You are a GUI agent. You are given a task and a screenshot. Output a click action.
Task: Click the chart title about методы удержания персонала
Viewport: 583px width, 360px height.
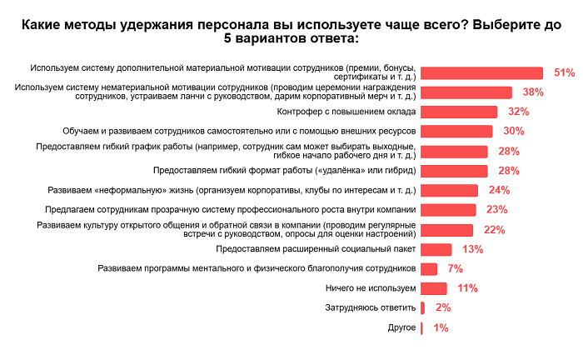coord(291,32)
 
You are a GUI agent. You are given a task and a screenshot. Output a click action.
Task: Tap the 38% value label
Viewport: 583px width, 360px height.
coord(533,92)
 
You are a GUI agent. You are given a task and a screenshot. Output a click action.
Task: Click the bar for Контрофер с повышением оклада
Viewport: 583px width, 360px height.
coord(459,112)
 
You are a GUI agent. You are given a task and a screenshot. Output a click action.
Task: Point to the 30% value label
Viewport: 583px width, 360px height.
coord(514,132)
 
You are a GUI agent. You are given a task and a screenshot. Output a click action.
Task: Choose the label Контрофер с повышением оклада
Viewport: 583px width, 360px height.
coord(345,112)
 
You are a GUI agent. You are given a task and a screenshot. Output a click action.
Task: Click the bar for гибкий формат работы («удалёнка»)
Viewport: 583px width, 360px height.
coord(454,171)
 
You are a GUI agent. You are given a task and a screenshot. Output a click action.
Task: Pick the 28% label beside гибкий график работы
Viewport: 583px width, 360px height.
coord(509,152)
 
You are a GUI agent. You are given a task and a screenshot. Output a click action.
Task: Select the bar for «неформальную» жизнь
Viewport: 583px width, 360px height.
coord(449,190)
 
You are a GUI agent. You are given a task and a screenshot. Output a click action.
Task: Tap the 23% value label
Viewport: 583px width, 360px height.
coord(497,210)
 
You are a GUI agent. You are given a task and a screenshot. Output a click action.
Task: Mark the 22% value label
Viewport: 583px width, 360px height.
coord(495,230)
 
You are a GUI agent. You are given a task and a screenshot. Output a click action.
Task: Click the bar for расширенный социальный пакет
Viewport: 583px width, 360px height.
coord(436,249)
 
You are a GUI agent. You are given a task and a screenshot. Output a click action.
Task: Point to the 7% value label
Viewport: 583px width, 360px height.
coord(455,269)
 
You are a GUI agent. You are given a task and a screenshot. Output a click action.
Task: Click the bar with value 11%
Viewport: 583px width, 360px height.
coord(434,288)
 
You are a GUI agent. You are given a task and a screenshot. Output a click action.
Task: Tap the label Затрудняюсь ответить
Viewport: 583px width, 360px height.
coord(370,308)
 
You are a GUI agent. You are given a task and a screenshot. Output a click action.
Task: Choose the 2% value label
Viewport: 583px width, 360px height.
coord(443,308)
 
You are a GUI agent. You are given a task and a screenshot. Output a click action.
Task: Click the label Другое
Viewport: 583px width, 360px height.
coord(401,327)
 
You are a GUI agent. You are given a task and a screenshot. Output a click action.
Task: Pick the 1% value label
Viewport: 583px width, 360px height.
coord(441,328)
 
